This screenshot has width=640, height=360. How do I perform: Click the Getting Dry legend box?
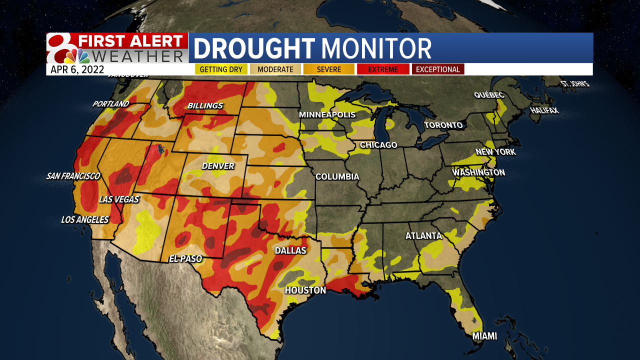(x=221, y=69)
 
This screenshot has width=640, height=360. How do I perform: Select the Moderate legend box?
(x=275, y=69)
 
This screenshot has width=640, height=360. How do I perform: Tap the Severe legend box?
(x=328, y=69)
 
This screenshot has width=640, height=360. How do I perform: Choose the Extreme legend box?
(x=382, y=69)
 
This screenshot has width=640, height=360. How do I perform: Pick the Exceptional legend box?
(x=438, y=69)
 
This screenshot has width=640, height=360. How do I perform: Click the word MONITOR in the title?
(x=376, y=49)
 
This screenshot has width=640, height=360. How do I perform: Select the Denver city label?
(x=218, y=165)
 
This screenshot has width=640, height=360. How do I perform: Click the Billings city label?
(x=205, y=106)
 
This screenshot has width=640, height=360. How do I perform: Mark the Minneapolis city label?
(x=327, y=115)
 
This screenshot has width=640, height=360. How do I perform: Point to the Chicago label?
(x=378, y=145)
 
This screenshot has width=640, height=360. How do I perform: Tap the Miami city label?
(x=485, y=336)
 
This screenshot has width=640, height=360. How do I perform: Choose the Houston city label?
(x=305, y=290)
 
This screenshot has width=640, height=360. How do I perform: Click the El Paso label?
(x=185, y=259)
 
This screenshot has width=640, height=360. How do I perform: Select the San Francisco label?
(x=73, y=176)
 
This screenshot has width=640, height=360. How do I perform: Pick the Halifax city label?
(x=544, y=110)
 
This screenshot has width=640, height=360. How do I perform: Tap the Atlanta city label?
(x=423, y=236)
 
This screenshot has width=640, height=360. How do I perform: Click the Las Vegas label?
(x=118, y=199)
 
